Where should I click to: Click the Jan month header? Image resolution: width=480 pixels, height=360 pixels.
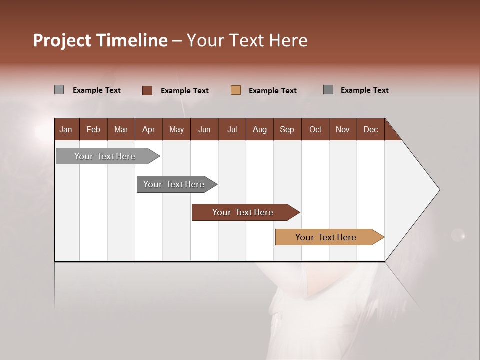tap(66, 129)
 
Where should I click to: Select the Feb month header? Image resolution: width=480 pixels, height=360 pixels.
tap(93, 129)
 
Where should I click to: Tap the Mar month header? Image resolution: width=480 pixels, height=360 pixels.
tap(121, 129)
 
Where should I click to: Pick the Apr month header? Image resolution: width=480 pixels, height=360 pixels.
tap(149, 129)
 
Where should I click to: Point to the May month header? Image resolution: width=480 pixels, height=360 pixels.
tap(176, 129)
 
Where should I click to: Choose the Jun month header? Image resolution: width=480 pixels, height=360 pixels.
tap(204, 129)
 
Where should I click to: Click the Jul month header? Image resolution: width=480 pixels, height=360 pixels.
tap(232, 129)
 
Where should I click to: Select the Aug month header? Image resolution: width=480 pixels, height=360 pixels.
tap(260, 129)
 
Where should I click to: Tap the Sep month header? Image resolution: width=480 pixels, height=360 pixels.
tap(287, 129)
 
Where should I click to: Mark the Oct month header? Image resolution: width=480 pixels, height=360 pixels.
tap(315, 129)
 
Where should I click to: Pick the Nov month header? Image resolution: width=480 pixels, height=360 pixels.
tap(343, 129)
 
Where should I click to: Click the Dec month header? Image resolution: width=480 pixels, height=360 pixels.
tap(371, 129)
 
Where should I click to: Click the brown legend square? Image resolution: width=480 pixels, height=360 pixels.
tap(147, 90)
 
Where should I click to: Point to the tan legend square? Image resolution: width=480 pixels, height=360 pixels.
tap(236, 90)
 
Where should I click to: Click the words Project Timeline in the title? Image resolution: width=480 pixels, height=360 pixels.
tap(100, 40)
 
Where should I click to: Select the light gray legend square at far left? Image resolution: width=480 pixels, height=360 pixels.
tap(59, 90)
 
